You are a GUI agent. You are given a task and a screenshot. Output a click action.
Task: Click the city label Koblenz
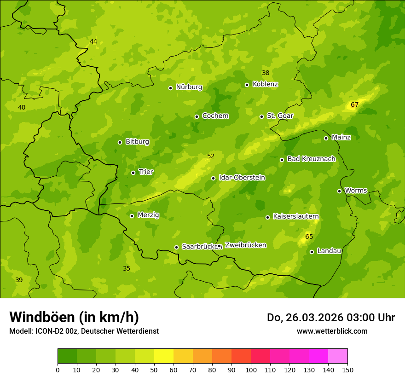(265, 84)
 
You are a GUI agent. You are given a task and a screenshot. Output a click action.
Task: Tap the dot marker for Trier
(133, 173)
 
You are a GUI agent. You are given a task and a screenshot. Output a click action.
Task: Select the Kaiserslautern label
(296, 216)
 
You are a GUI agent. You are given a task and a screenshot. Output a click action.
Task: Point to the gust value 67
(354, 105)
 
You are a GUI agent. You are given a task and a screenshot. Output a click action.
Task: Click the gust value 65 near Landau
(309, 237)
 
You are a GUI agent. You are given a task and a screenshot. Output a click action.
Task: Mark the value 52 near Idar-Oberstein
(211, 156)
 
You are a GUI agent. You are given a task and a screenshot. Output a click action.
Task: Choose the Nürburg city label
(189, 87)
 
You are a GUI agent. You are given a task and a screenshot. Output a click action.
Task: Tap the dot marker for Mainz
(326, 138)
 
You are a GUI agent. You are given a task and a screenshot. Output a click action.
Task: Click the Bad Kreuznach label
(311, 159)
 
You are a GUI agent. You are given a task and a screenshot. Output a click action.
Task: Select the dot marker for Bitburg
(120, 142)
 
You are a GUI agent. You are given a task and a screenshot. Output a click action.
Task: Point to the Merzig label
(148, 215)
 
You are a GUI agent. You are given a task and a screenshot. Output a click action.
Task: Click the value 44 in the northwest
(93, 42)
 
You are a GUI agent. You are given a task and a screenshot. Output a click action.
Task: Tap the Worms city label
(356, 191)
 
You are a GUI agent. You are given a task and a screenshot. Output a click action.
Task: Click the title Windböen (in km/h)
(74, 317)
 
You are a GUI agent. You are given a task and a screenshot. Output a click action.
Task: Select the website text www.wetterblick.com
(332, 331)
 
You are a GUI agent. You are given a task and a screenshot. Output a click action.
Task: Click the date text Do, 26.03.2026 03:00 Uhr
(330, 318)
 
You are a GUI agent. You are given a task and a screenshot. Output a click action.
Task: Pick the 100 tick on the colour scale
(251, 370)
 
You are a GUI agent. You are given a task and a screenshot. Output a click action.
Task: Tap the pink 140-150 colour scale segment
(338, 356)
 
